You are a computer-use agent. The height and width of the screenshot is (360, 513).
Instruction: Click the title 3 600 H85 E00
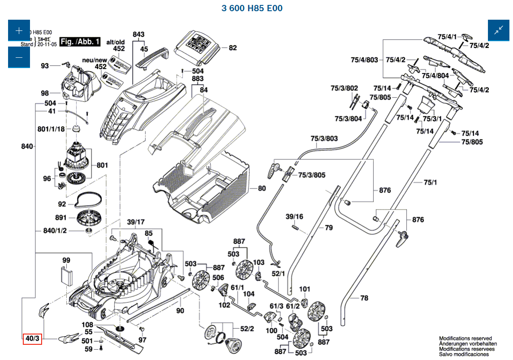pyautogui.click(x=252, y=8)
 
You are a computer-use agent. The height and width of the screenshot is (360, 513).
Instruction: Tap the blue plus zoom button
pyautogui.click(x=19, y=31)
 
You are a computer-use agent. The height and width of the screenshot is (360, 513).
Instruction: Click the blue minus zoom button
pyautogui.click(x=19, y=57)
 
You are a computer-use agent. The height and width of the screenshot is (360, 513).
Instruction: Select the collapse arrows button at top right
pyautogui.click(x=499, y=31)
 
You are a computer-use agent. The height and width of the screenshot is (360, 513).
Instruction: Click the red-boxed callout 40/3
pyautogui.click(x=32, y=339)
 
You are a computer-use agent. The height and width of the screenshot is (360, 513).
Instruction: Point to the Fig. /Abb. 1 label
pyautogui.click(x=80, y=42)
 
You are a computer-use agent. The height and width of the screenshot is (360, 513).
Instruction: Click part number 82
pyautogui.click(x=233, y=48)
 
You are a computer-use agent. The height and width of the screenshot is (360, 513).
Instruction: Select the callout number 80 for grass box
pyautogui.click(x=262, y=189)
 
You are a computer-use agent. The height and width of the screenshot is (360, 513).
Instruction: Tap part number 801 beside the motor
pyautogui.click(x=102, y=165)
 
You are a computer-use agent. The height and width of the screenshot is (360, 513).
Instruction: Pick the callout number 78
pyautogui.click(x=364, y=298)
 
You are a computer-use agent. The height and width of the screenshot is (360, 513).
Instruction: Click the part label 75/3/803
pyautogui.click(x=324, y=138)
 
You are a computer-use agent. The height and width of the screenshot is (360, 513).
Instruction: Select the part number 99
pyautogui.click(x=66, y=260)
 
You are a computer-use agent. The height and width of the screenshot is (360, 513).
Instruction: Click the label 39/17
pyautogui.click(x=136, y=222)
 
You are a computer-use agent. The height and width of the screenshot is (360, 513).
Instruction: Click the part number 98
pyautogui.click(x=45, y=93)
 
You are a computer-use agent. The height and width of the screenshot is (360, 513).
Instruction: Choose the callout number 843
pyautogui.click(x=139, y=34)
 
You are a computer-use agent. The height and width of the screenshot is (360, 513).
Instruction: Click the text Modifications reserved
pyautogui.click(x=465, y=339)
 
